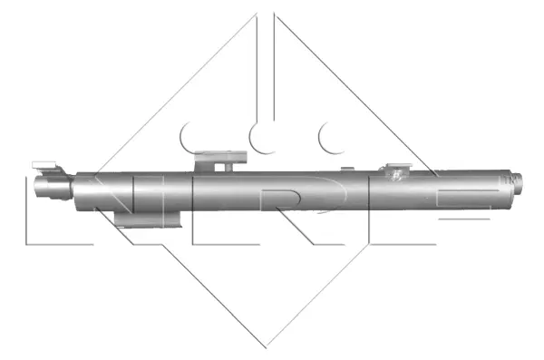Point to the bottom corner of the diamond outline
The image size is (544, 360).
tap(266, 345)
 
